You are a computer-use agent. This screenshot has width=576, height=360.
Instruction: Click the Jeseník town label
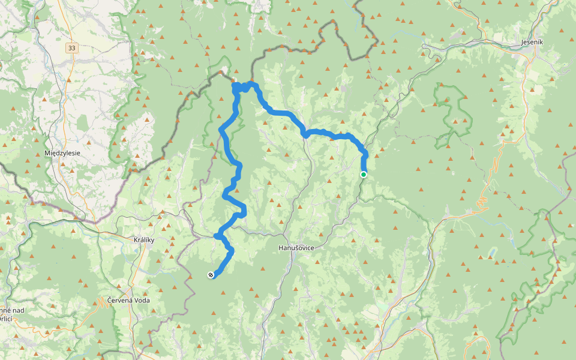tap(532, 43)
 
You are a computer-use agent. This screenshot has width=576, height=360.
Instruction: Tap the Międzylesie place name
tap(62, 153)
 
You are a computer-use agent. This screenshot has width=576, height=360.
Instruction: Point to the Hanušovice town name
tap(296, 247)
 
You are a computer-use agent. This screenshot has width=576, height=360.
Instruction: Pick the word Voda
tap(142, 300)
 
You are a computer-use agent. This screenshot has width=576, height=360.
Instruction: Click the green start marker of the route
tap(364, 175)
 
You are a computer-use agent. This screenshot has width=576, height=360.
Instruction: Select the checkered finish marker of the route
tap(211, 275)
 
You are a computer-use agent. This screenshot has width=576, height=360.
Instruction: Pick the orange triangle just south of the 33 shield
tap(68, 79)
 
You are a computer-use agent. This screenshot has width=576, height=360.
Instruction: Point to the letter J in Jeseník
tap(521, 43)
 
